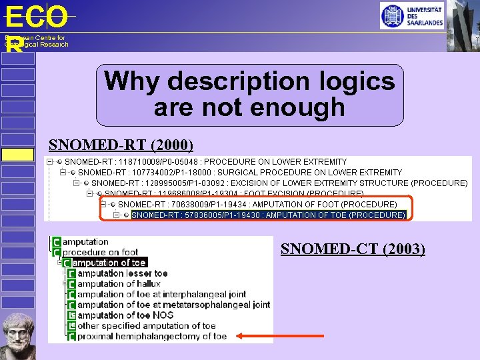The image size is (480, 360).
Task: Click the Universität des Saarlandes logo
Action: click(x=412, y=15)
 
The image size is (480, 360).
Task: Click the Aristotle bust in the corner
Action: click(x=18, y=335)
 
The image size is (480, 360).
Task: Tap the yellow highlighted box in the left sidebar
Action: click(x=17, y=155)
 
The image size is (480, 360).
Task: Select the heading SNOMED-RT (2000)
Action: click(x=121, y=145)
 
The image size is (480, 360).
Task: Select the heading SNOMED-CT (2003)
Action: click(x=353, y=249)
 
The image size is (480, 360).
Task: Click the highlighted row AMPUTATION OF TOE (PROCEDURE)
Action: click(x=268, y=215)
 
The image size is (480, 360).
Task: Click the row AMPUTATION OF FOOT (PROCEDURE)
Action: click(x=257, y=204)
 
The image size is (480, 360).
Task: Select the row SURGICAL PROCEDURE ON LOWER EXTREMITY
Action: click(x=240, y=172)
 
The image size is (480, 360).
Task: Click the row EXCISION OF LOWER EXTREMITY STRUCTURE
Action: click(x=279, y=183)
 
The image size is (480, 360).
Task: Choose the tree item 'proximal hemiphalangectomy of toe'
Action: click(x=151, y=337)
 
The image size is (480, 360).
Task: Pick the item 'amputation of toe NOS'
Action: click(x=125, y=315)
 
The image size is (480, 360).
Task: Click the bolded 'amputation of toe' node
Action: click(x=109, y=263)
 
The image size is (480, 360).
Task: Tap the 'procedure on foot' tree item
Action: click(x=101, y=252)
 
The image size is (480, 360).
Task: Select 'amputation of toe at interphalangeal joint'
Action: click(x=161, y=294)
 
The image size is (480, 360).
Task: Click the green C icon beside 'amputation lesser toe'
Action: click(x=71, y=274)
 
